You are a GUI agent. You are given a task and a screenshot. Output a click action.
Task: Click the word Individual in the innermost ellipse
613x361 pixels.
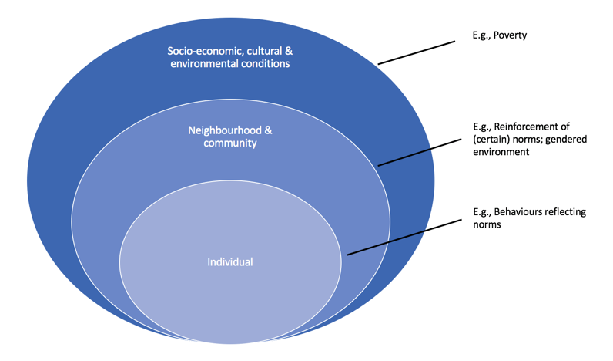[x=230, y=262]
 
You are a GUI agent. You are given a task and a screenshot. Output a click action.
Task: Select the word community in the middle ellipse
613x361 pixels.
[x=230, y=143]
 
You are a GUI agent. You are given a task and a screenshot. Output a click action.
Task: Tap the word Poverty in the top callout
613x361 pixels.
[x=511, y=35]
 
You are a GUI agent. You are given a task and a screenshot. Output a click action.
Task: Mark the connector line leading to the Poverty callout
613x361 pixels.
[x=417, y=52]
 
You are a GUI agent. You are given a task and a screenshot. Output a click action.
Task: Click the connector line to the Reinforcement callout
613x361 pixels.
[x=417, y=153]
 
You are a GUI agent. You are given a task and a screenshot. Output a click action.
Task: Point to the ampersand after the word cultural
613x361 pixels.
[x=289, y=52]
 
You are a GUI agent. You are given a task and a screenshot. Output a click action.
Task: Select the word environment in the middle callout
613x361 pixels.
[x=503, y=153]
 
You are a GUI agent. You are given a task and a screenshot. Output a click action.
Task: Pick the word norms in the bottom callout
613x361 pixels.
[x=487, y=224]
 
